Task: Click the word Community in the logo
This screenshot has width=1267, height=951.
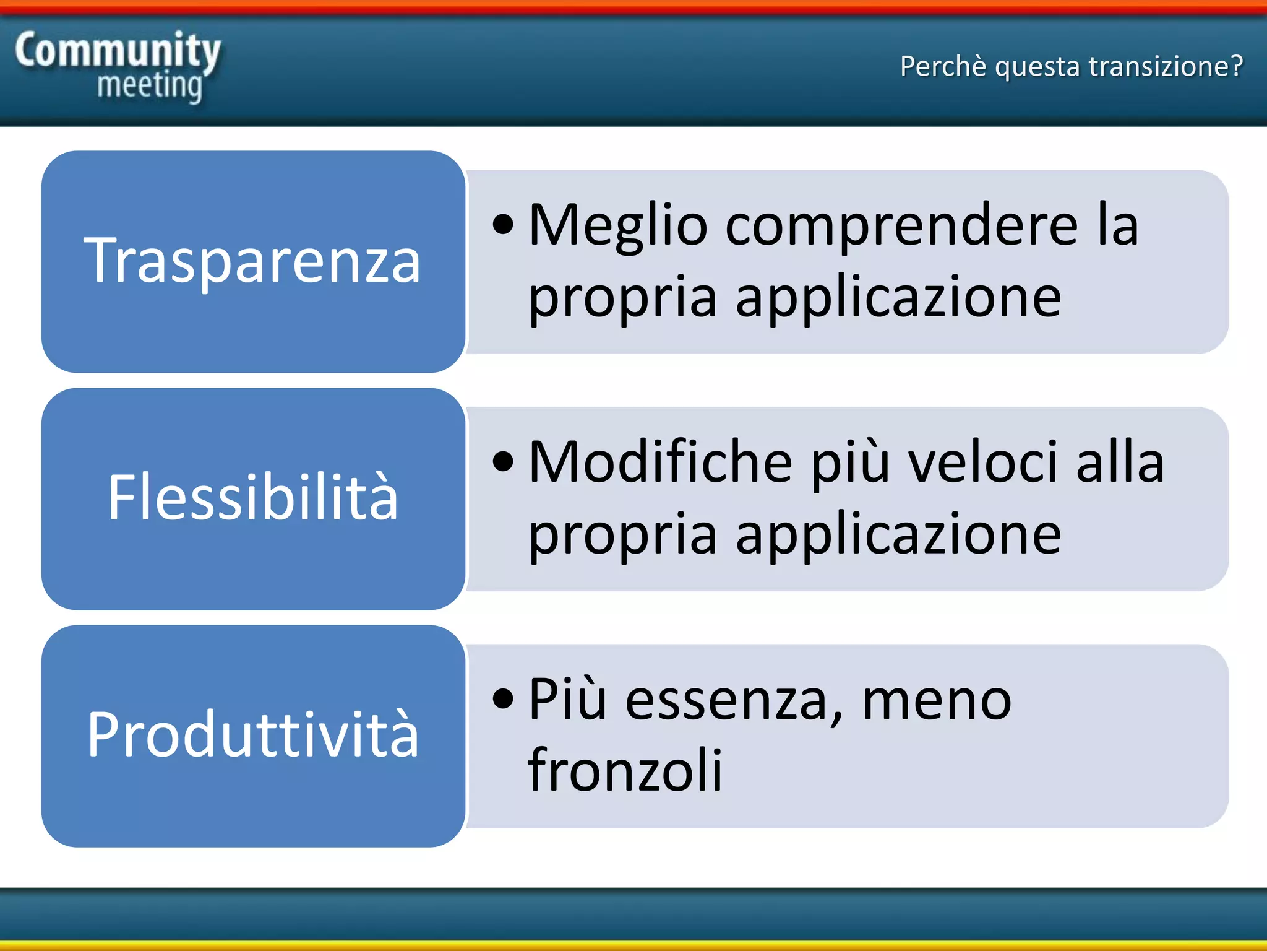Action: [x=118, y=51]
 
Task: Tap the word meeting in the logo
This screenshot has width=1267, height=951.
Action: [x=150, y=86]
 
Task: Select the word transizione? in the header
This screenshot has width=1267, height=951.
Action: [x=1166, y=66]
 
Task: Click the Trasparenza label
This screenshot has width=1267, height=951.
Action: [x=252, y=261]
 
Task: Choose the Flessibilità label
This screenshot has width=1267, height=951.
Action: [x=252, y=497]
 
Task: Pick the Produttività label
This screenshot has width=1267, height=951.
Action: [x=252, y=735]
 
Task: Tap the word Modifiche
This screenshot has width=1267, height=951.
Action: [x=661, y=462]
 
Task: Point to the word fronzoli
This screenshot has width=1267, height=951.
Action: [x=625, y=770]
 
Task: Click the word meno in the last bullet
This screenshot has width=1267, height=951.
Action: [x=937, y=700]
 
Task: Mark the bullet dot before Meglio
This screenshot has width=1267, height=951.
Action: [x=504, y=226]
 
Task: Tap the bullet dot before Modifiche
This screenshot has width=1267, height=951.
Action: [x=504, y=462]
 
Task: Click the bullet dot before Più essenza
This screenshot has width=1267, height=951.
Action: [x=504, y=699]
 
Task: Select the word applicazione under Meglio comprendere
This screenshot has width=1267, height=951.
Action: [x=898, y=298]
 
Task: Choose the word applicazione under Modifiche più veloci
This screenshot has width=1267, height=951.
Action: [x=898, y=535]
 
